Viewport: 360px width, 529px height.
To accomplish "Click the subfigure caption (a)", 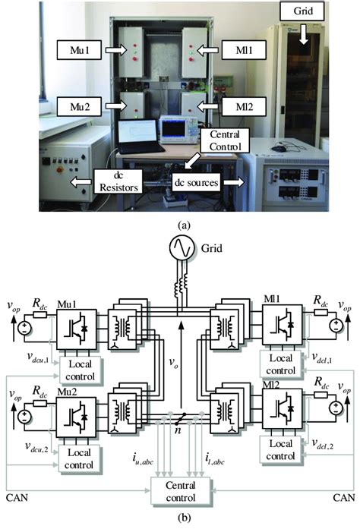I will [x=180, y=225].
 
